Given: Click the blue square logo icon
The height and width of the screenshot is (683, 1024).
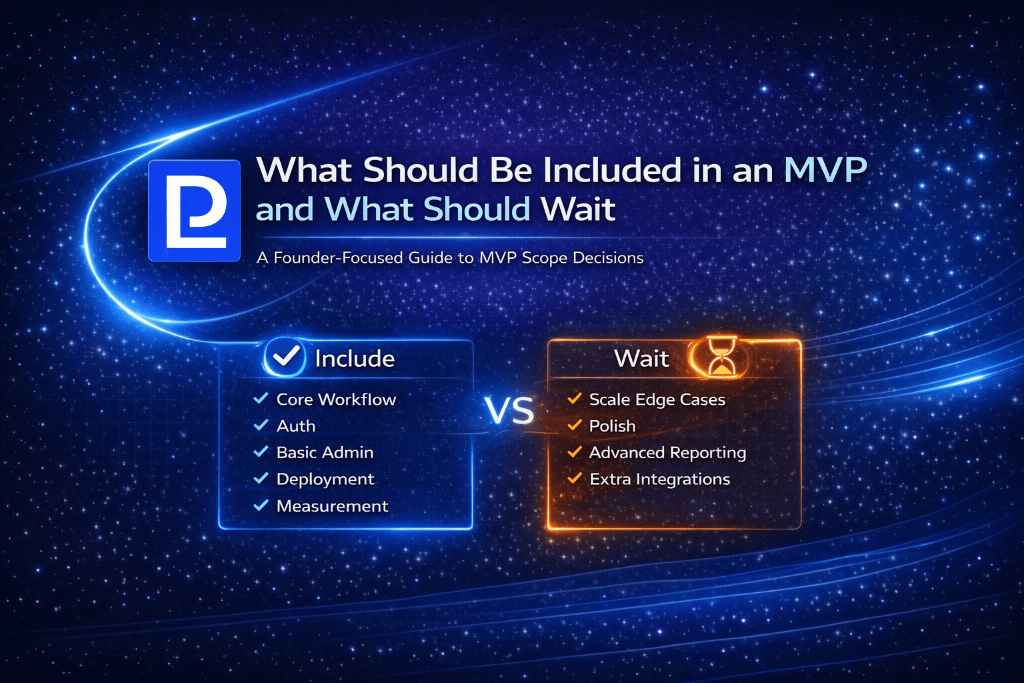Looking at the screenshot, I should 194,210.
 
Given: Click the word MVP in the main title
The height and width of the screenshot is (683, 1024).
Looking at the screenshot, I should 825,170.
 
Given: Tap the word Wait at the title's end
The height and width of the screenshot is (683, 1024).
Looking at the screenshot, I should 579,209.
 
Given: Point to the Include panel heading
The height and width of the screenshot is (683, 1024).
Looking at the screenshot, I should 355,359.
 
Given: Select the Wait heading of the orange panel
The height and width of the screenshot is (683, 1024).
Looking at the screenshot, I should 641,359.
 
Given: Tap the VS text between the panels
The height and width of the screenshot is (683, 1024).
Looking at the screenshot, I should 510,411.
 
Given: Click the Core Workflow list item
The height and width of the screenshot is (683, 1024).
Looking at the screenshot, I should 336,400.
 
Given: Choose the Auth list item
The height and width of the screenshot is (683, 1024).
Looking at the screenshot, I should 296,426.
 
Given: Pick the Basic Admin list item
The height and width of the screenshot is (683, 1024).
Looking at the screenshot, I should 325,453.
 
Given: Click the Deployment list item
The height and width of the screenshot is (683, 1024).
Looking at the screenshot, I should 325,480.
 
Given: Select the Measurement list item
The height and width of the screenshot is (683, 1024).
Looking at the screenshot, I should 332,506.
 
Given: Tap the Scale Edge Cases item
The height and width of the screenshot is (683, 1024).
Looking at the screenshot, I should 657,400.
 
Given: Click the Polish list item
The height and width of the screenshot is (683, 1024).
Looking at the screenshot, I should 612,426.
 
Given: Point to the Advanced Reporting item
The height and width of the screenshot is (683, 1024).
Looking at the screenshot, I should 667,453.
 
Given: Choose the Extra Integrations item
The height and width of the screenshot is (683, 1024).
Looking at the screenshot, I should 659,480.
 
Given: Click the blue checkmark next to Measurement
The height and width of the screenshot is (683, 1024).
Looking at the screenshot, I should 261,506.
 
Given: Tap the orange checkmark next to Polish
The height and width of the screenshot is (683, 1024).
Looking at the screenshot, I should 574,425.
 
